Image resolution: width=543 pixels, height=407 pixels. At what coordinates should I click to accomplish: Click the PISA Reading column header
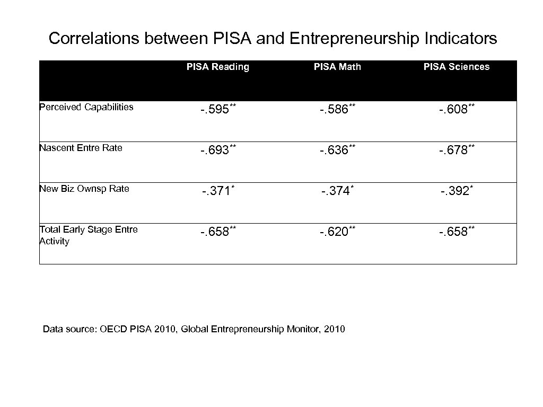coord(217,67)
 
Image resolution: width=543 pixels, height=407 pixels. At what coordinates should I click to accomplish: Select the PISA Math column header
coord(337,67)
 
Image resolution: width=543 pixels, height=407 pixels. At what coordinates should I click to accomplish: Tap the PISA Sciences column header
coord(456,67)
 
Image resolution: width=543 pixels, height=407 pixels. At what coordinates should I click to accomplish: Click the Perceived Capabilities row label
coord(86,107)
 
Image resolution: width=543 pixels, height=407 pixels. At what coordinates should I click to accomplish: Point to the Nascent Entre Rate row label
coord(81,148)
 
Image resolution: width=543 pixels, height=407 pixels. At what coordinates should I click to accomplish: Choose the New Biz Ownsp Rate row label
coord(84,189)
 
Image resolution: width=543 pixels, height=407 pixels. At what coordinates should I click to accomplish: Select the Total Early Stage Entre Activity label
coord(89,235)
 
